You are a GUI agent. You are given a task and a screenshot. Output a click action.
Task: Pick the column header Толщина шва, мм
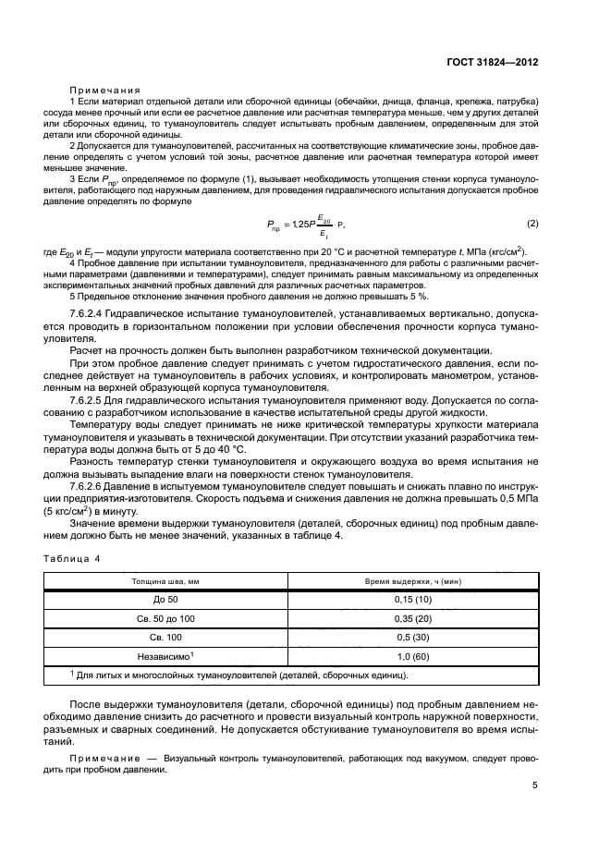pos(165,581)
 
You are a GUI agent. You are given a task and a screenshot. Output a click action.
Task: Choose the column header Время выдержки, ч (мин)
pos(412,581)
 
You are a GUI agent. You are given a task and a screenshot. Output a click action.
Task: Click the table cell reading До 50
pos(165,599)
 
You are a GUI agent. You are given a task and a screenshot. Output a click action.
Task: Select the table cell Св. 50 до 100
pos(165,617)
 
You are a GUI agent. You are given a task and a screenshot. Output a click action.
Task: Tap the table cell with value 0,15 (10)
pos(412,599)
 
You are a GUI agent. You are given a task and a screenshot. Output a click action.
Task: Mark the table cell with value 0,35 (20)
pos(412,617)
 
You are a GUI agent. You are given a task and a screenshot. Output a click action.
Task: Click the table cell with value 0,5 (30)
pos(412,637)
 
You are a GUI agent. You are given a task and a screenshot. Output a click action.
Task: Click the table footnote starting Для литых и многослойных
pos(240,675)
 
